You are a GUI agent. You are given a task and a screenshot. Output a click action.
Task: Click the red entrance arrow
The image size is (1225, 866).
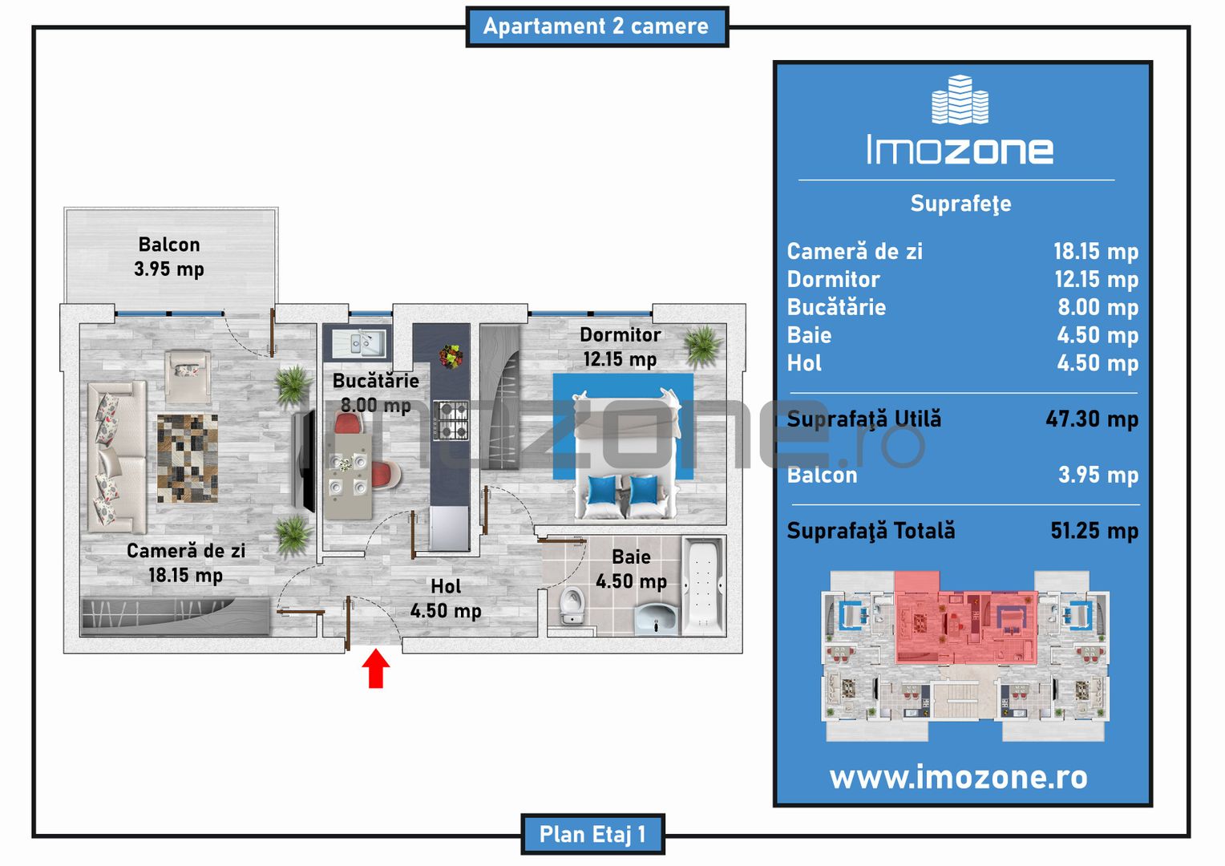tap(376, 668)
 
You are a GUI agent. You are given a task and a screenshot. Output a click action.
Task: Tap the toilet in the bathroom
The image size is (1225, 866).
tap(572, 605)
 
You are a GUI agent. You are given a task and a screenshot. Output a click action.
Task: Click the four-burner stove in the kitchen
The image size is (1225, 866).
tap(451, 420)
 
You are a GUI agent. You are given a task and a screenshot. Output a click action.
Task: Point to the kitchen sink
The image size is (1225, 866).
tap(359, 342)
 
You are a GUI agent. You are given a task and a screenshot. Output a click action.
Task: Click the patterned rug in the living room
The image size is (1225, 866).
tap(188, 459)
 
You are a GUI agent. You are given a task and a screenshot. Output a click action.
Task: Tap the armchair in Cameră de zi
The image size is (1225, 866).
tap(188, 376)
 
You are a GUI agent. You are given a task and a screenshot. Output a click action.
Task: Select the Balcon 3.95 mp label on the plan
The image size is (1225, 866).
tap(169, 257)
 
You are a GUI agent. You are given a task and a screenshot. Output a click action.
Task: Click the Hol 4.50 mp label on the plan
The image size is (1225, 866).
tap(446, 598)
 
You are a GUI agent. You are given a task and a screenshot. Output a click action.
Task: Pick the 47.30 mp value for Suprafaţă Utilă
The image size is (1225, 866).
tap(1092, 419)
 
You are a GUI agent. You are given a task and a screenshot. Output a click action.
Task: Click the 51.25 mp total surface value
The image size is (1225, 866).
tap(1094, 531)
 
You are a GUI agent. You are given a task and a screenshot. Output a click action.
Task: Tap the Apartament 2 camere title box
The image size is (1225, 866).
tap(597, 26)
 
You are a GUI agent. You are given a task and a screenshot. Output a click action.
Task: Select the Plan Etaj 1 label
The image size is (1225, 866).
tap(592, 834)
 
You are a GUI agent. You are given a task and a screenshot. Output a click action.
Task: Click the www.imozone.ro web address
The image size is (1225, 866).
tap(959, 777)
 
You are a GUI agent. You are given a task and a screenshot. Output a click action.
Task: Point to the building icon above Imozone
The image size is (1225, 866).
tap(960, 99)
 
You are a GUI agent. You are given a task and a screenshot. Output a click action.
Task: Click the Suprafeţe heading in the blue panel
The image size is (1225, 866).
tap(961, 204)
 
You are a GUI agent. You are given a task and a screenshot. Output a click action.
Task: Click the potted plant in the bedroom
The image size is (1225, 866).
tap(703, 346)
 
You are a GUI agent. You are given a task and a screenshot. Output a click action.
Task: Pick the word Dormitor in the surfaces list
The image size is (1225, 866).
tap(834, 280)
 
